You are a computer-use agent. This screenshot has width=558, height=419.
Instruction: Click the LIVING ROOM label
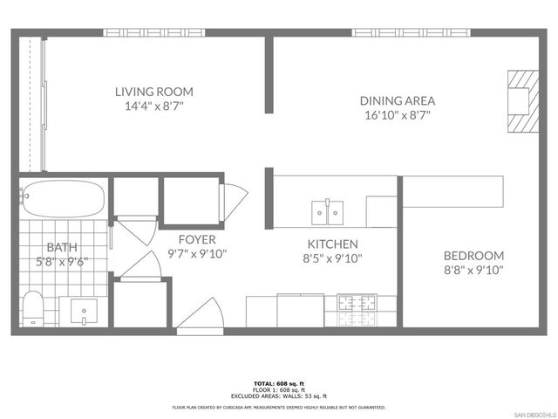[153, 91]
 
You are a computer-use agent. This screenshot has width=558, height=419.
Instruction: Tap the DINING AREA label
[398, 100]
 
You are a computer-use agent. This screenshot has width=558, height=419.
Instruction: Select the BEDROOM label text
[473, 255]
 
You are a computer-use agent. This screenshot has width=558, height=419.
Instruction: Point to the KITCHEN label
[331, 244]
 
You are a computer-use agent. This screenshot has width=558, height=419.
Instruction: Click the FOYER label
[196, 239]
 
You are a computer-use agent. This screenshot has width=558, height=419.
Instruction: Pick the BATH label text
[62, 247]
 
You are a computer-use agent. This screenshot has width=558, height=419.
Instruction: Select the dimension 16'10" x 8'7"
[398, 114]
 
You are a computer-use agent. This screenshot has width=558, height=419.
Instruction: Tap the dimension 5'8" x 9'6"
[62, 260]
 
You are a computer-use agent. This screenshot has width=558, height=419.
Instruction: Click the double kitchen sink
[327, 211]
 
